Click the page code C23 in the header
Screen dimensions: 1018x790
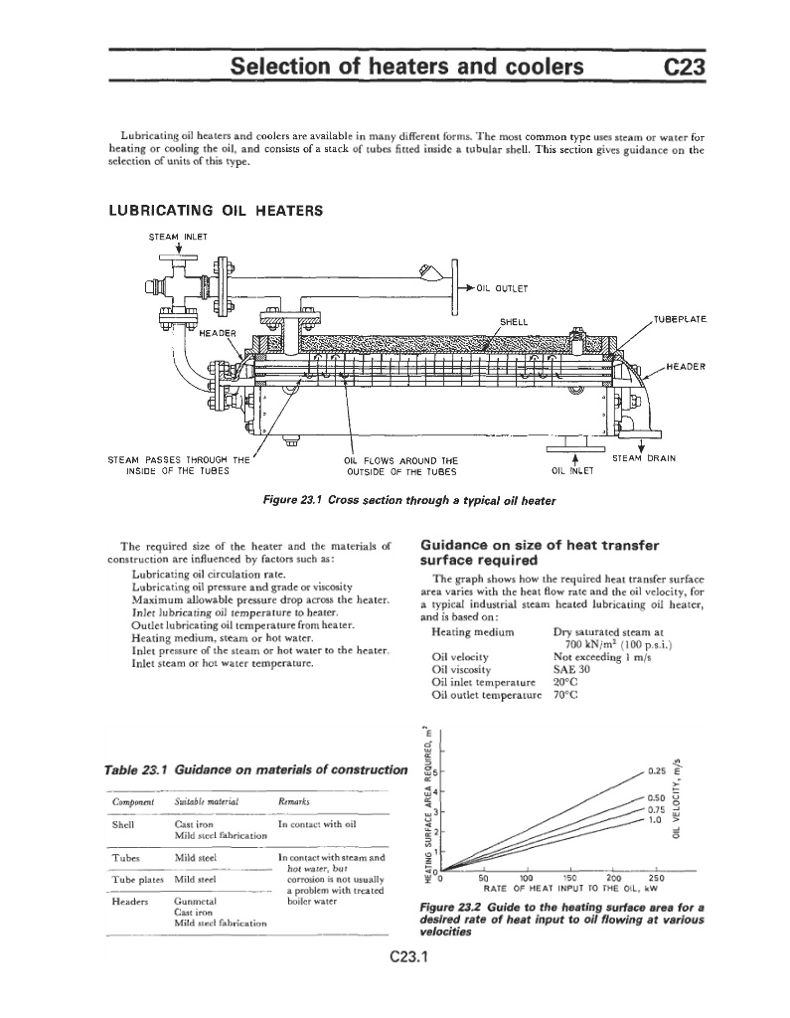pos(684,67)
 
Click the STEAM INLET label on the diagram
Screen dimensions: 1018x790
pos(175,236)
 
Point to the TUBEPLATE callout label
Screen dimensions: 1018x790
pos(679,319)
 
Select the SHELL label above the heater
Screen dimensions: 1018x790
pos(513,321)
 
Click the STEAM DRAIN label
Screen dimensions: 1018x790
pos(644,458)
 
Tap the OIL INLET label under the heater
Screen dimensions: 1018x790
pos(570,471)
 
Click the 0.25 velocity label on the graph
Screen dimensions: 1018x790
pos(655,771)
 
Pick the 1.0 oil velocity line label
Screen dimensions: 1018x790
pos(655,821)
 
